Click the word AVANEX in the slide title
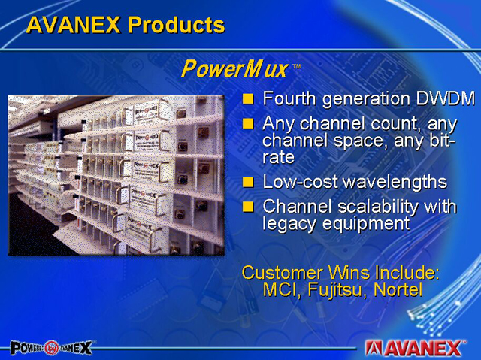tap(73, 25)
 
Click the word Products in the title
tap(176, 25)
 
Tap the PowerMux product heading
tap(234, 68)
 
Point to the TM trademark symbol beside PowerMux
tap(297, 66)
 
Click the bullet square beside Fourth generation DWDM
tap(248, 98)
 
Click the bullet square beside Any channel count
tap(248, 124)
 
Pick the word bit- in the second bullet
tap(442, 141)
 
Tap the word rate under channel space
tap(278, 157)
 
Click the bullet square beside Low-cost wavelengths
tap(248, 182)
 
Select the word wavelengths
tap(395, 182)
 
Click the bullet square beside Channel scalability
tap(248, 207)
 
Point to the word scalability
tap(378, 207)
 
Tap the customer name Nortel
tap(398, 289)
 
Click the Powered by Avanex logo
tap(51, 348)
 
